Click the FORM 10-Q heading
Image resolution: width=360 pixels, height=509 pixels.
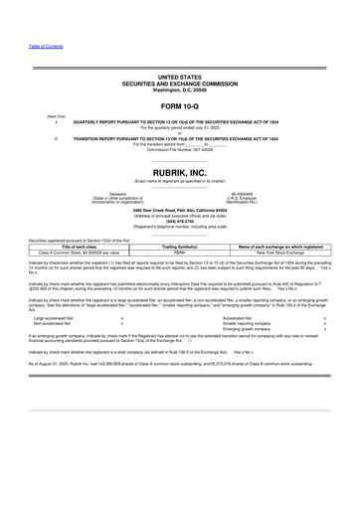[x=180, y=105]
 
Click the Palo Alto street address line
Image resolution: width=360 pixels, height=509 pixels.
[x=180, y=210]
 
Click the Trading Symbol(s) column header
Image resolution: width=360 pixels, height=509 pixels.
[x=180, y=246]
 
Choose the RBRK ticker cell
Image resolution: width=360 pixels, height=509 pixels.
[x=180, y=253]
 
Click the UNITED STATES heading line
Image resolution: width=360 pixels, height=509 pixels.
[x=180, y=76]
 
